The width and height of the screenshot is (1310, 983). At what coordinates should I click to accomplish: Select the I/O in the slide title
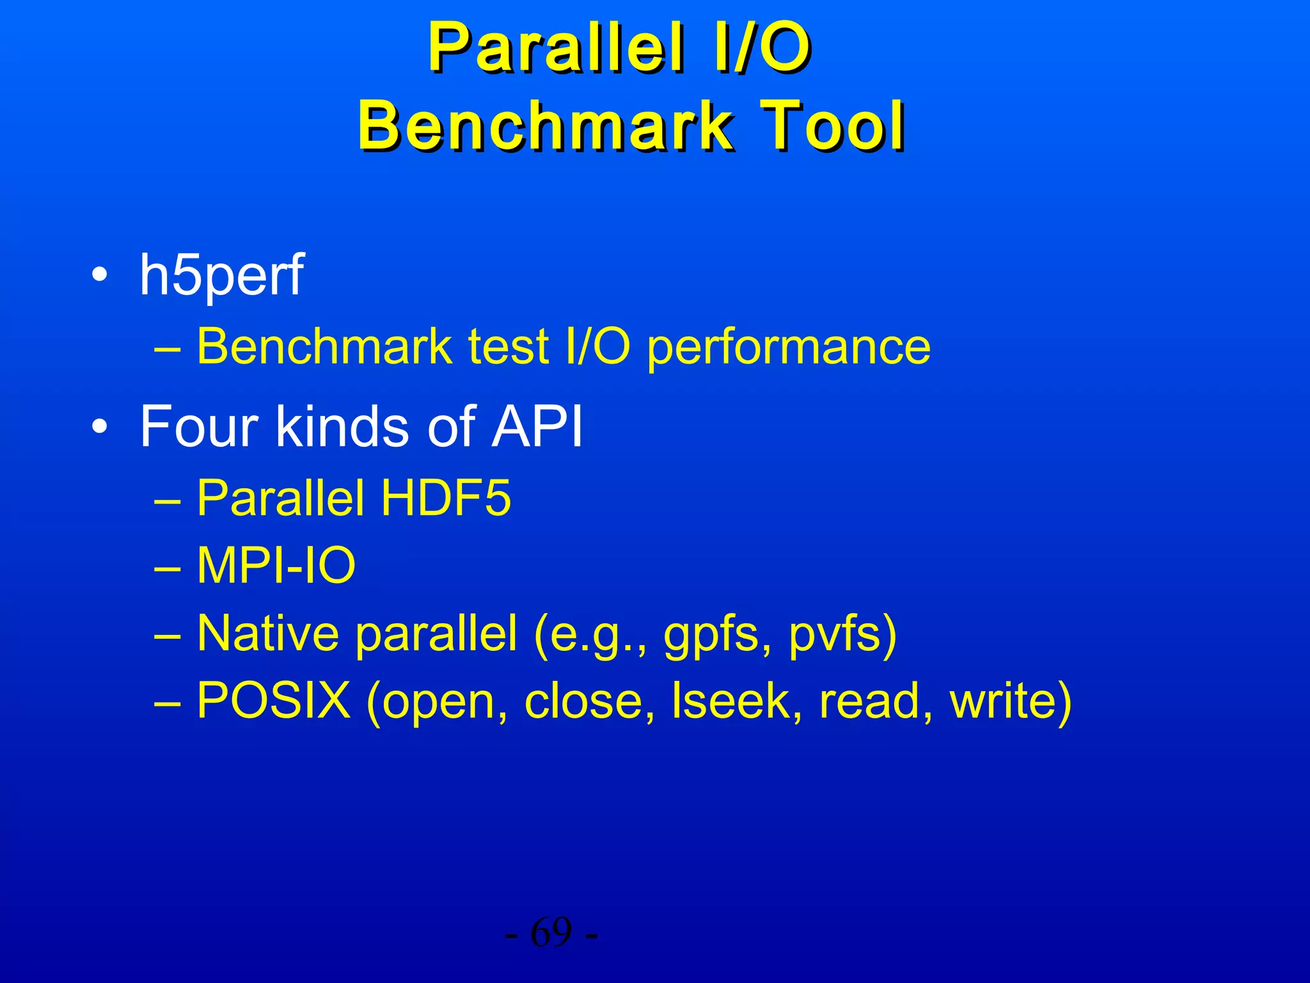tap(761, 49)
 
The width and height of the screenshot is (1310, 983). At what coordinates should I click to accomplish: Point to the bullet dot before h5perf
tap(99, 276)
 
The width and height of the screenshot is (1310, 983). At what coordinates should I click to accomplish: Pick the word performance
tap(789, 348)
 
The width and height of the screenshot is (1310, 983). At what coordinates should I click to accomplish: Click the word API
tap(537, 426)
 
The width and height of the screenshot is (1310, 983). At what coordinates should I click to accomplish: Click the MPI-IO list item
tap(276, 566)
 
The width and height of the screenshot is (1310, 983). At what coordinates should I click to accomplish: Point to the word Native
tap(267, 634)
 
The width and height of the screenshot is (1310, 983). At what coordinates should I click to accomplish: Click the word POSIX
tap(274, 701)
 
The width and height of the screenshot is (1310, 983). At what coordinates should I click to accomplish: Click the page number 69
tap(551, 933)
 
